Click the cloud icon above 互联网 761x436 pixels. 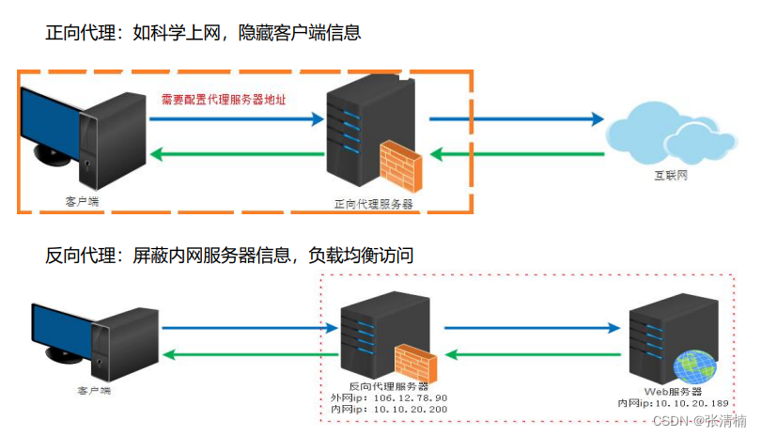[x=669, y=137]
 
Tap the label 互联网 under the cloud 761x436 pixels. [x=669, y=176]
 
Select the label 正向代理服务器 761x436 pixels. [x=373, y=203]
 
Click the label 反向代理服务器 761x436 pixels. [x=387, y=386]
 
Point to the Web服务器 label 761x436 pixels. [x=670, y=390]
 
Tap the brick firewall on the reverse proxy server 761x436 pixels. [x=415, y=363]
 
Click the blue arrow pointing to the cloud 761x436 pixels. [x=516, y=119]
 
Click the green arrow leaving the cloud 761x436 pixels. [x=516, y=153]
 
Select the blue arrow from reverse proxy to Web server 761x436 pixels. [x=531, y=328]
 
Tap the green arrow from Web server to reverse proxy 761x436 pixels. [x=531, y=354]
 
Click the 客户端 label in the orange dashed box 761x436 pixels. [x=82, y=201]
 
